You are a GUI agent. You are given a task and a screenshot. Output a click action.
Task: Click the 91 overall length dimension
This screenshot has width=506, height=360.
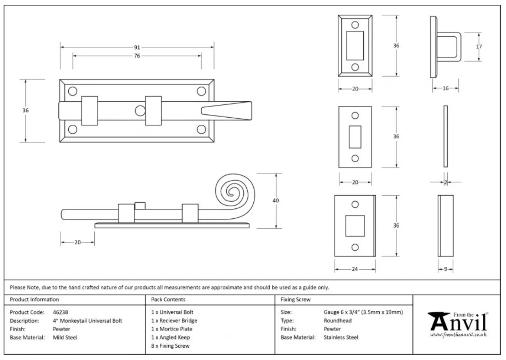click(137, 47)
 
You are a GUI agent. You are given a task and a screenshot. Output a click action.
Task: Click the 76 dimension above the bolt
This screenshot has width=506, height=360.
click(137, 56)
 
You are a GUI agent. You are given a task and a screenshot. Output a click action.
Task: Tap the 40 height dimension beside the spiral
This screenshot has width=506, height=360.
click(275, 200)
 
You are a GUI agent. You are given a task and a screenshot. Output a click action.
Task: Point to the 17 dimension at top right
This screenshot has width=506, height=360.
click(479, 47)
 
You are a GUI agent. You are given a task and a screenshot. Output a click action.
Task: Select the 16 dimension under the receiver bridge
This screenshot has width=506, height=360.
click(445, 88)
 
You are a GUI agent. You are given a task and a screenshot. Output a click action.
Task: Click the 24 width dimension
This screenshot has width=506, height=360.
click(355, 269)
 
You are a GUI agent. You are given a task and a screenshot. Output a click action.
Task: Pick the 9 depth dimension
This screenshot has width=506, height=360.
click(446, 269)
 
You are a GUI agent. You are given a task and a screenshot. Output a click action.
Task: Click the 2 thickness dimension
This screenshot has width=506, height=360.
click(445, 182)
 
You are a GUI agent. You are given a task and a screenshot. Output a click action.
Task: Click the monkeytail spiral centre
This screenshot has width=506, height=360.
click(231, 192)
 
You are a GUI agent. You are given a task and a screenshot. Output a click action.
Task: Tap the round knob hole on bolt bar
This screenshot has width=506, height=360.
click(140, 110)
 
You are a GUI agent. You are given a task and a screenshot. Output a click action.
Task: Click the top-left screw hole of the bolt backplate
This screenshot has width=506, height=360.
click(72, 91)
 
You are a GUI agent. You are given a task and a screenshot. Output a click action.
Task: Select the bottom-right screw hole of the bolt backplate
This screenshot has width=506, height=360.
click(201, 129)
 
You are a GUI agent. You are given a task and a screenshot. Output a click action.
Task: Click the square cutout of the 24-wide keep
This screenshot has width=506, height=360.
click(355, 226)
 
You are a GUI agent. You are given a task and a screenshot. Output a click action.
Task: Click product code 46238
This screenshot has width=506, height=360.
click(61, 312)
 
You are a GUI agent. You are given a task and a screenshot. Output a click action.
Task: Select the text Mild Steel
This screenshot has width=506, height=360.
click(65, 337)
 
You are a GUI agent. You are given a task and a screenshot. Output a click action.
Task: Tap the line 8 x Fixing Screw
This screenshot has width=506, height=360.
click(170, 346)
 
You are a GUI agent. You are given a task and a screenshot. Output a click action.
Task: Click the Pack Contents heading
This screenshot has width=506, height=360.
click(168, 299)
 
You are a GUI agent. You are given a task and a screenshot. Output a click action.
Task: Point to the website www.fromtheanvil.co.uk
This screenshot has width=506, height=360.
click(458, 334)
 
